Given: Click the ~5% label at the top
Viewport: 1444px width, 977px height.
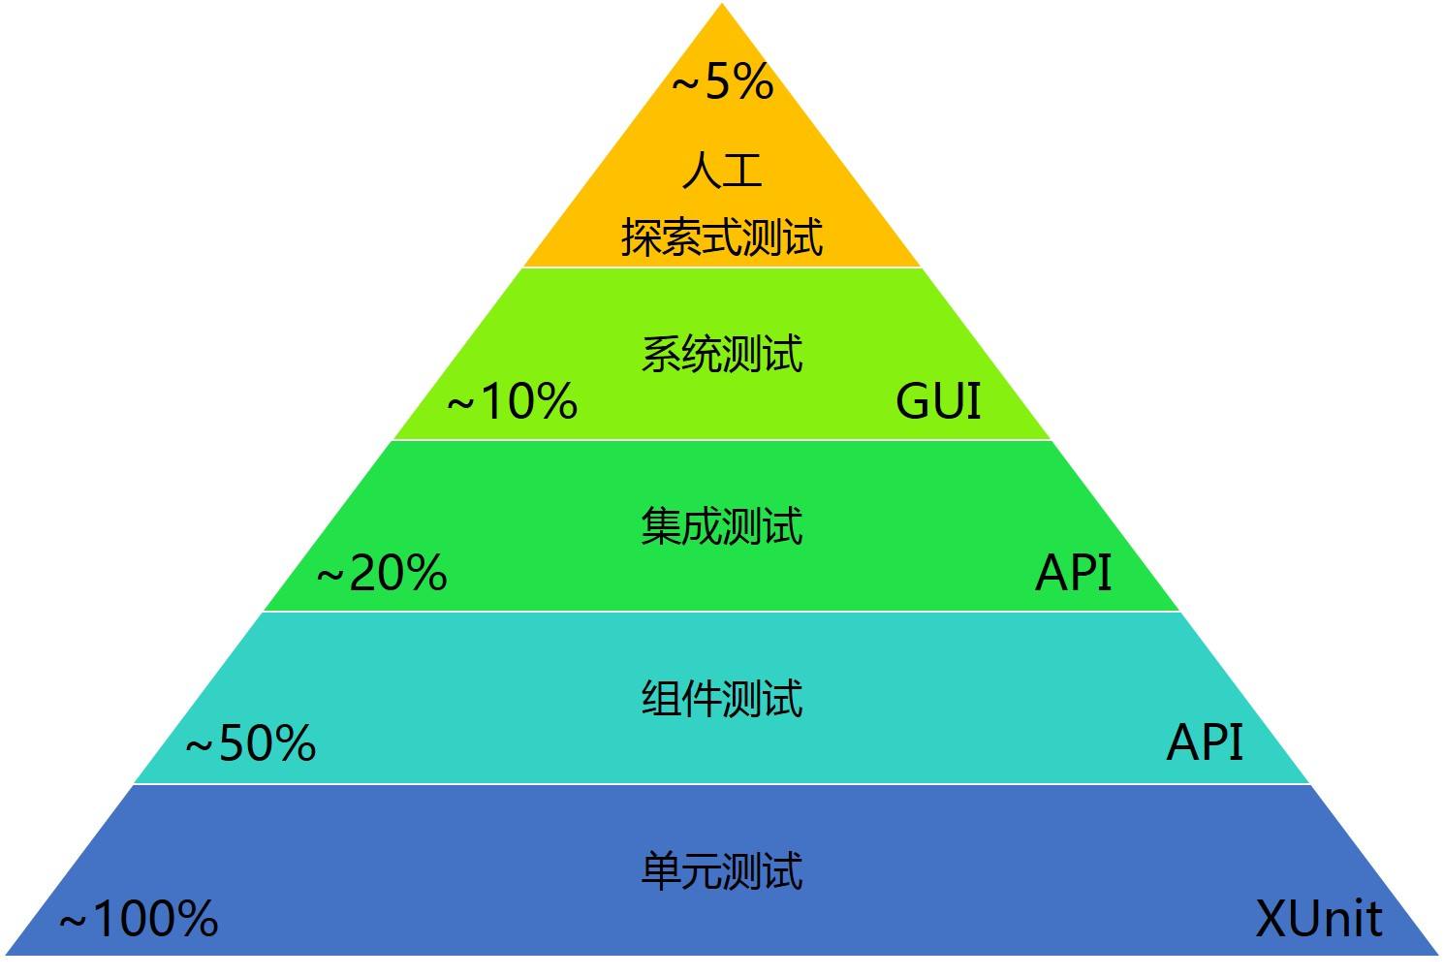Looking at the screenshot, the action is [x=723, y=81].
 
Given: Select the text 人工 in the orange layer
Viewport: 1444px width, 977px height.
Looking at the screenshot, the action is [x=722, y=171].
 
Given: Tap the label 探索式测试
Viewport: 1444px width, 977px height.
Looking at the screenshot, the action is [x=722, y=236].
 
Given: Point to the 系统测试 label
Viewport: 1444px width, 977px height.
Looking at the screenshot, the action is [x=722, y=353].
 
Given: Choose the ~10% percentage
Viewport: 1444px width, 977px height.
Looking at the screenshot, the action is [x=512, y=401].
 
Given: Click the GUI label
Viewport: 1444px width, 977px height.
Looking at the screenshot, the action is [x=938, y=400].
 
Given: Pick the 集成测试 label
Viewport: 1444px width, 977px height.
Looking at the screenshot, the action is [x=722, y=525].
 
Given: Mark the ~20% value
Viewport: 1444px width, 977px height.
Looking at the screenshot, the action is [x=382, y=573].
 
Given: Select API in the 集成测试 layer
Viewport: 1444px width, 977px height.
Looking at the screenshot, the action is [x=1073, y=572].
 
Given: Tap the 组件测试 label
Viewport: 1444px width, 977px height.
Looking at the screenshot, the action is [x=722, y=698].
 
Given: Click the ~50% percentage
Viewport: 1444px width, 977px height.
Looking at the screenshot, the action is [x=250, y=744].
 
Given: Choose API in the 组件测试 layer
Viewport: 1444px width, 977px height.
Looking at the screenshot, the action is [x=1205, y=742].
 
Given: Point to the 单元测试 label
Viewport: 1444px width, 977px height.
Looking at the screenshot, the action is [x=722, y=869].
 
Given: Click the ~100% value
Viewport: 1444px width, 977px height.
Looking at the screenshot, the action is [x=139, y=918].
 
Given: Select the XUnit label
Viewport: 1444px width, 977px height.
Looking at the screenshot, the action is [x=1318, y=918].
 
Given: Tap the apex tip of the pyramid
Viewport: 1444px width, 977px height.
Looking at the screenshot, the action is [x=722, y=6].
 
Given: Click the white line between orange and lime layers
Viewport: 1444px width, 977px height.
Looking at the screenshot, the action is [x=722, y=268].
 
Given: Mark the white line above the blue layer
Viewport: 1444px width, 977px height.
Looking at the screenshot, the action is [x=722, y=784].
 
